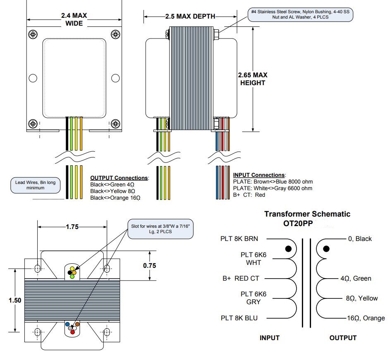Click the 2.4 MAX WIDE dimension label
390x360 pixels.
[x=74, y=19]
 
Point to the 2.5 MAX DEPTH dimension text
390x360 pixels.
[x=190, y=17]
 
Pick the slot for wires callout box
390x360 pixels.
[x=160, y=229]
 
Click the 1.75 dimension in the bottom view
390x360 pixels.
[x=72, y=227]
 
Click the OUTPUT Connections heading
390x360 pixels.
[x=119, y=178]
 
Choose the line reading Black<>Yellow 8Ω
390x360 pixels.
[x=113, y=191]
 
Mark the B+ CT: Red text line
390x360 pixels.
[x=249, y=195]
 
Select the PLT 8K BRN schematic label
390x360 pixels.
[x=242, y=238]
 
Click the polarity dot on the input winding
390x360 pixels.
[x=288, y=249]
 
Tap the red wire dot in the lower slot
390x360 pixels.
[x=72, y=332]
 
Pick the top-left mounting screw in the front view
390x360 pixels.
[x=33, y=33]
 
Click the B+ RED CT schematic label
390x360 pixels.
[x=240, y=279]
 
